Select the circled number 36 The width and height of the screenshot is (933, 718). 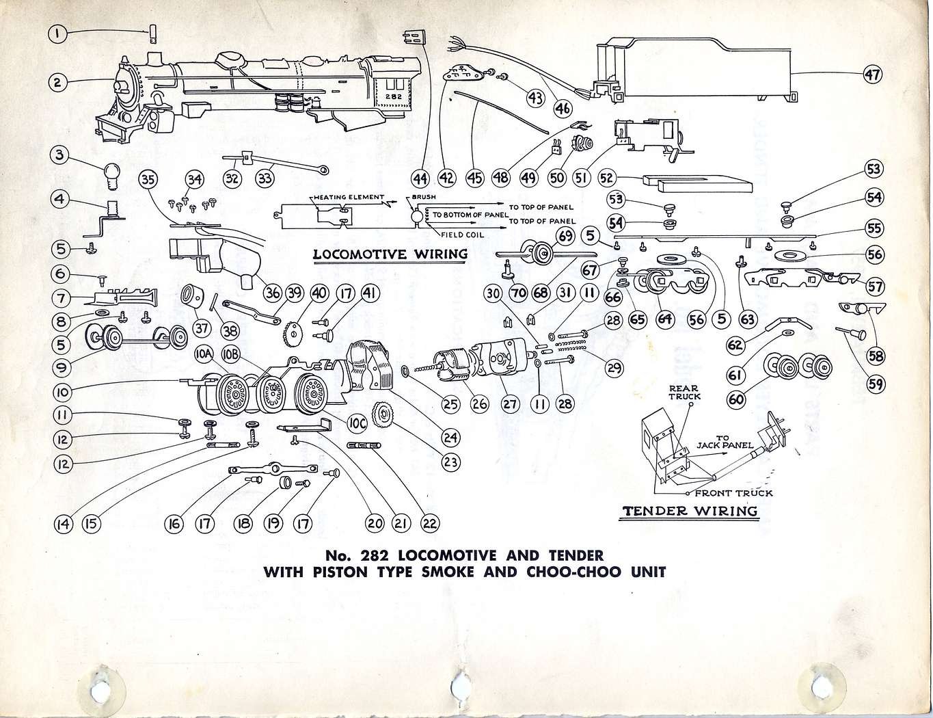click(272, 293)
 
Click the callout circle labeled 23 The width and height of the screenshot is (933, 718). click(450, 462)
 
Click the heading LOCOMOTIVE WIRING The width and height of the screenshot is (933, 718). click(390, 254)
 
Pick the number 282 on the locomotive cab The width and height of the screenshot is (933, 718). click(393, 97)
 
